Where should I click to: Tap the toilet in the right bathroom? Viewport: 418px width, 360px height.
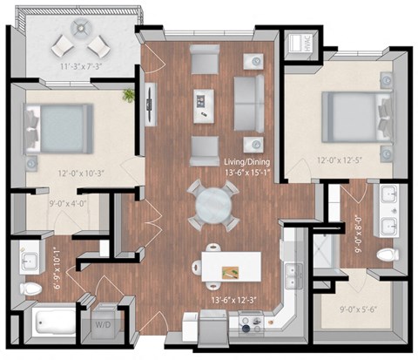[387, 255]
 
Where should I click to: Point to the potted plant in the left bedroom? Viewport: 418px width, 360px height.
[130, 93]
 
